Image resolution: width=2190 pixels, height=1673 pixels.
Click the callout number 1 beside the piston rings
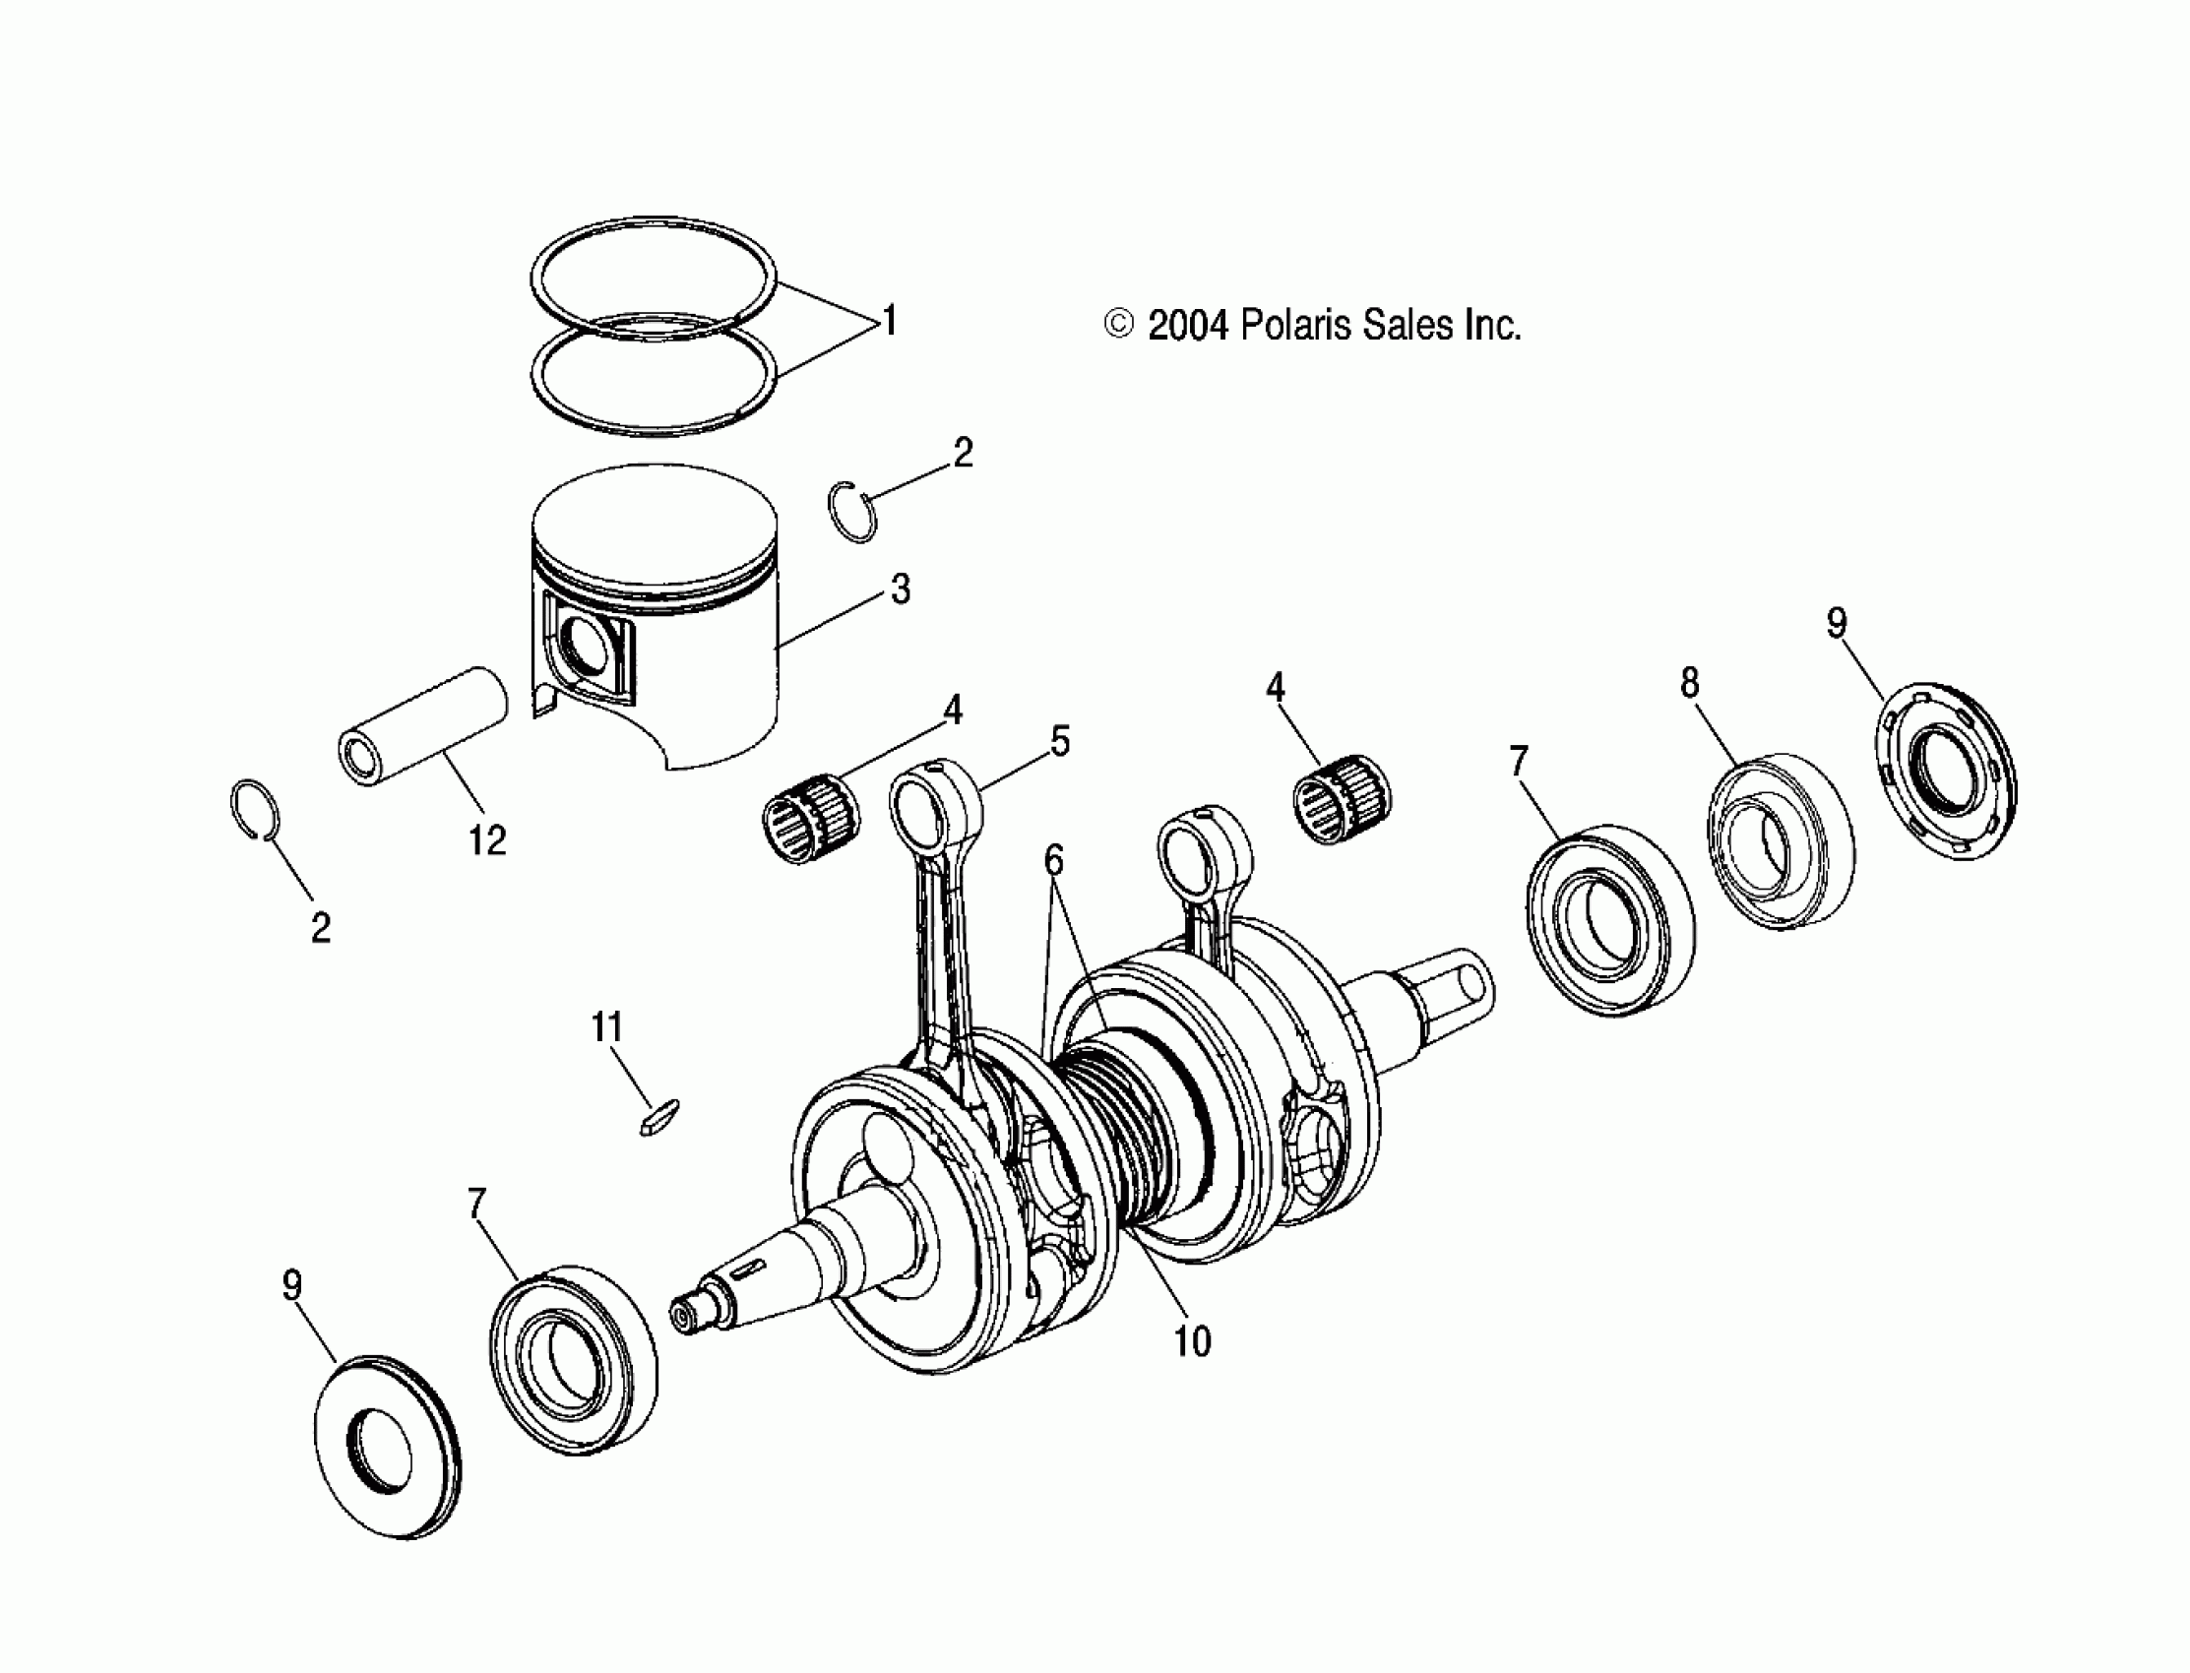(890, 321)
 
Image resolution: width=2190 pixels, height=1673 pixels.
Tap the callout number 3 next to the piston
(900, 589)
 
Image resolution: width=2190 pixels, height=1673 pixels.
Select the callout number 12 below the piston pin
(487, 841)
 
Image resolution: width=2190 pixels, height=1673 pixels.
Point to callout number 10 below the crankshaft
(1192, 1341)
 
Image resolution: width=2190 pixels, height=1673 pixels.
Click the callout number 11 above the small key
(606, 1026)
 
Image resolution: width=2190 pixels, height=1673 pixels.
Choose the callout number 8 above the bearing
(1689, 683)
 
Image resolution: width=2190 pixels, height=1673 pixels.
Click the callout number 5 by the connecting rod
(1060, 741)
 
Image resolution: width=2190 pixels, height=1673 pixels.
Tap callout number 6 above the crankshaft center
(1054, 859)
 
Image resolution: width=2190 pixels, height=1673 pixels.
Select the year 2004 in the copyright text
(1188, 326)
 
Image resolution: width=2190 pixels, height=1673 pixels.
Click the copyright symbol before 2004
(1118, 325)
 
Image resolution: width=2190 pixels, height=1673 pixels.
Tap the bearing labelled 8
(1780, 841)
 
